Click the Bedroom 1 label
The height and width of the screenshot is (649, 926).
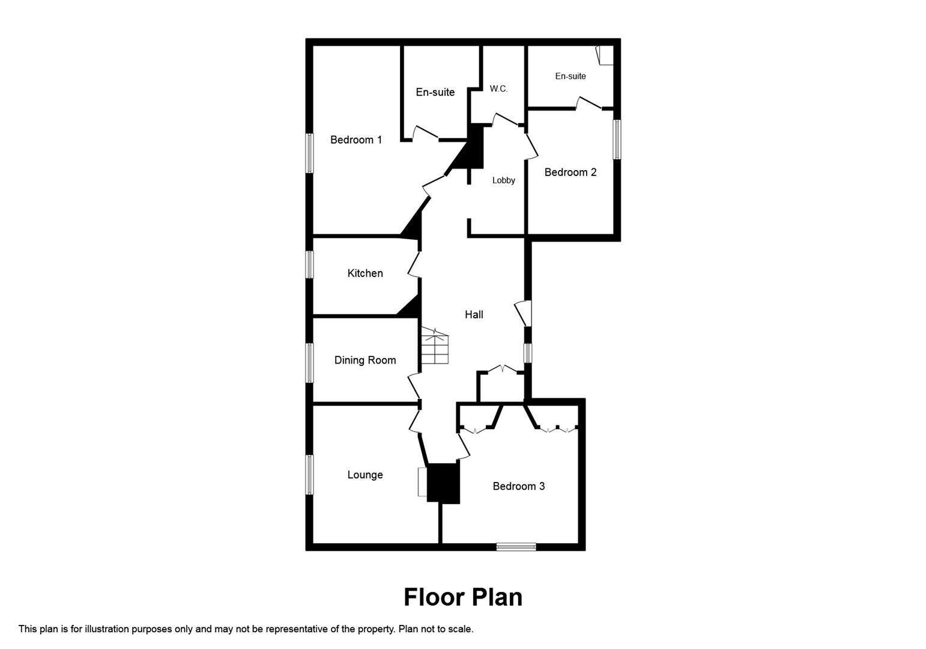[356, 140]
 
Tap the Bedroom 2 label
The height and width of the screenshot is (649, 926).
[570, 172]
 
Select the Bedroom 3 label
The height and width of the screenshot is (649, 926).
[518, 486]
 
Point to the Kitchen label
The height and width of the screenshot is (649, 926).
[365, 273]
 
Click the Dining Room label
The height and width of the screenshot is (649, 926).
[365, 361]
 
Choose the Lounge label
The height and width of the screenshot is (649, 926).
[365, 475]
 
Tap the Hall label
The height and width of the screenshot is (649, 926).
[473, 314]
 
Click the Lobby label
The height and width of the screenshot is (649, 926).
[503, 180]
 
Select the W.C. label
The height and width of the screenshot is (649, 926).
[498, 89]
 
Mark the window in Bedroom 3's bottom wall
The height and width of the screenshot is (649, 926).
[516, 546]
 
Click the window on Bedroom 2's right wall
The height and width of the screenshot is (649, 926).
[616, 139]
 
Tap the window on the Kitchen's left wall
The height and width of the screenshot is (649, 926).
[309, 264]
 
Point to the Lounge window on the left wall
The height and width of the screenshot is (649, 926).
[309, 475]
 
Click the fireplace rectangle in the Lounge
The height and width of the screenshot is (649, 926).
[422, 482]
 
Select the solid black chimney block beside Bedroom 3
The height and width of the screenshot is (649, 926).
[443, 483]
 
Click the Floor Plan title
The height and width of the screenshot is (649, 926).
[462, 597]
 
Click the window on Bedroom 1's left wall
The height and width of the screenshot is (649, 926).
[309, 153]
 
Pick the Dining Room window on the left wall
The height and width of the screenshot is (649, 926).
[309, 362]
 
